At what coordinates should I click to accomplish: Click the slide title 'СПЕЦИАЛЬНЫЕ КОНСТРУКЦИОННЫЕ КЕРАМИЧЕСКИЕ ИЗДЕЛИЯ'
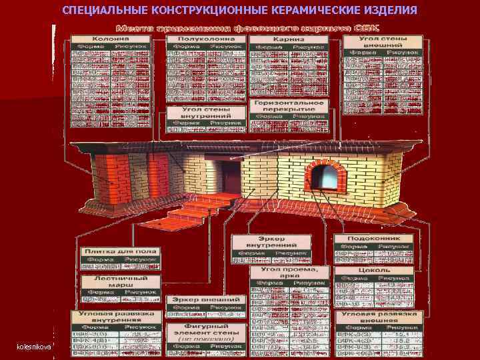(239, 11)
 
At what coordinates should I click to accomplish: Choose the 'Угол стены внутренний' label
(204, 112)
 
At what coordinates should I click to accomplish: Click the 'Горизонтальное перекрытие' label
(289, 107)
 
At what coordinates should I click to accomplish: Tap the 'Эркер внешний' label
(205, 301)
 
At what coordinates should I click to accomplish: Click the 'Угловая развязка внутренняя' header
(117, 315)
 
